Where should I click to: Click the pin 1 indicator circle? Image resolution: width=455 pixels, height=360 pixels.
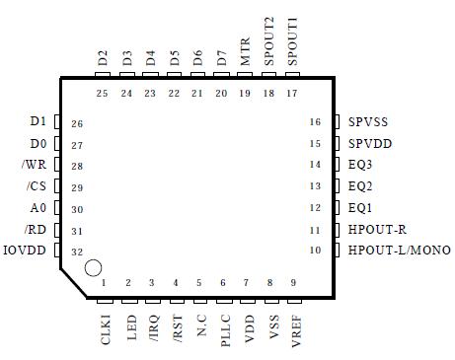[93, 266]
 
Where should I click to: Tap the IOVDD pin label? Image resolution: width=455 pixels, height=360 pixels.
[24, 252]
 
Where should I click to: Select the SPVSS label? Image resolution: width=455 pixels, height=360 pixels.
[368, 122]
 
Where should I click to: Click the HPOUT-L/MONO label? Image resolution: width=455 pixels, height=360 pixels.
[398, 252]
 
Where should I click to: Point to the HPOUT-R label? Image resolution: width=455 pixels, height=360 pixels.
[377, 230]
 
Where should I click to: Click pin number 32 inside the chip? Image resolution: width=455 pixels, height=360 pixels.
[76, 252]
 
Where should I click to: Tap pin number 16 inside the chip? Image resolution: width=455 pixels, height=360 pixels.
[316, 122]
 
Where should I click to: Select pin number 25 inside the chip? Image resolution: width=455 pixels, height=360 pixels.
[103, 94]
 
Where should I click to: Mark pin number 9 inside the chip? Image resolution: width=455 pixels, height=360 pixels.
[293, 283]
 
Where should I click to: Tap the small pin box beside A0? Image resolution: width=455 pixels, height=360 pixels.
[56, 208]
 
